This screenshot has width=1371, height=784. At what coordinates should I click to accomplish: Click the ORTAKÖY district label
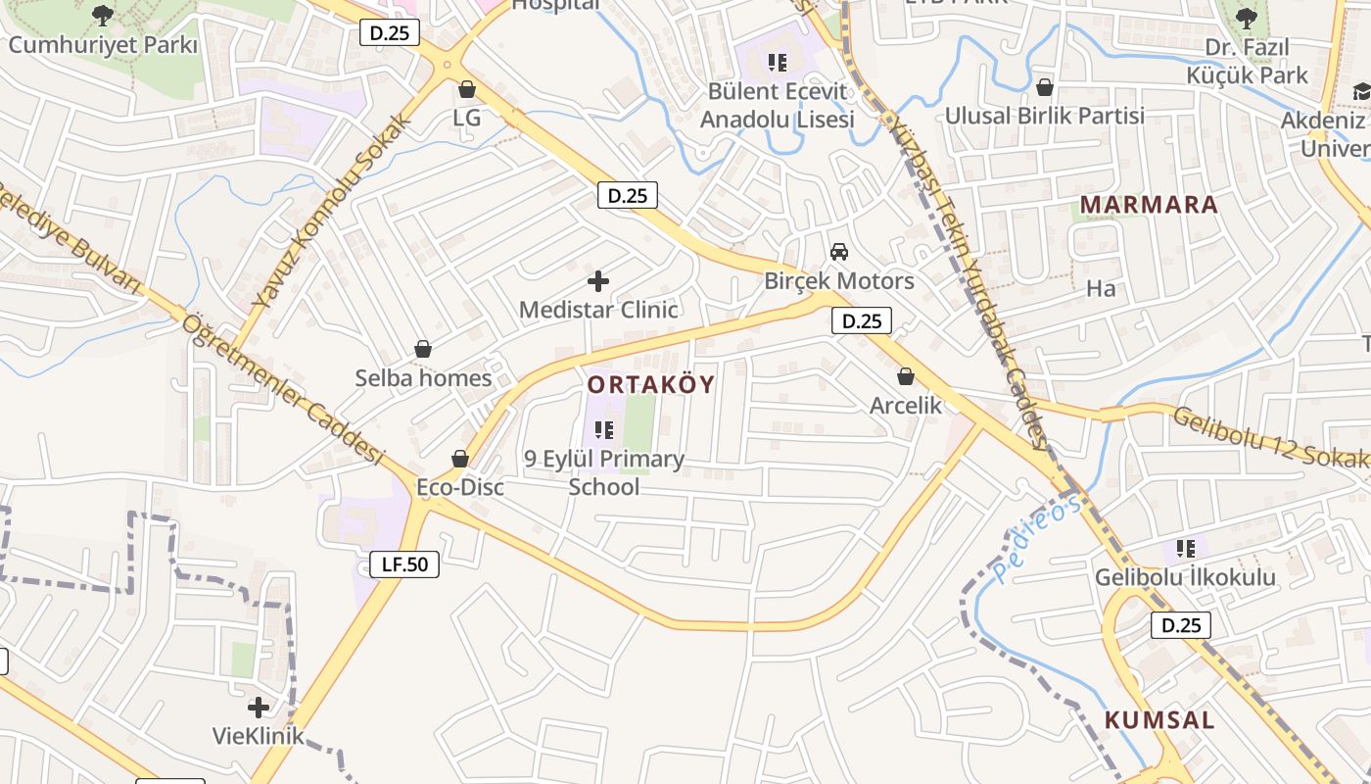651,384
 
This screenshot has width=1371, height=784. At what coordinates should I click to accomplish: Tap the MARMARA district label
1149,205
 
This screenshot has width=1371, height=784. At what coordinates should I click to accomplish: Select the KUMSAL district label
1159,719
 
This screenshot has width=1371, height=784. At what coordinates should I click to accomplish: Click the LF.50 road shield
404,563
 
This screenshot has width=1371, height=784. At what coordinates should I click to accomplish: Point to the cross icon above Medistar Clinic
597,282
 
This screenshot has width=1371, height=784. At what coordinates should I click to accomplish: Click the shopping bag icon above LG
467,89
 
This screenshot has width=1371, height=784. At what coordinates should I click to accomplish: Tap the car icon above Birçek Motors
838,252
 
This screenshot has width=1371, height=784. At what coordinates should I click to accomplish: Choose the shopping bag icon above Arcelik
906,376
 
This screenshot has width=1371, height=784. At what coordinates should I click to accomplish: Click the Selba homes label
423,377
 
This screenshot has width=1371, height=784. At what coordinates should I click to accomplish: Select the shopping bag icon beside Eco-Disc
460,459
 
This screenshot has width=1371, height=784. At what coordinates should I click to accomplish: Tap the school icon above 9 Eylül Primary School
603,429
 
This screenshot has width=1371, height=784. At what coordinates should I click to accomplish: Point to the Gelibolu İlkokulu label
1185,577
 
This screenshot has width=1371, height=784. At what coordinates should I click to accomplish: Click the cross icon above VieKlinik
258,707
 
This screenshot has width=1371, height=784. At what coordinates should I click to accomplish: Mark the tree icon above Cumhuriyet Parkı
103,16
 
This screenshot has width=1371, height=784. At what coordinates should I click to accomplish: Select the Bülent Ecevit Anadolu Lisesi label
777,105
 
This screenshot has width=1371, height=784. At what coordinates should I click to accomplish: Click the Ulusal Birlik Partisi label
1044,116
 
